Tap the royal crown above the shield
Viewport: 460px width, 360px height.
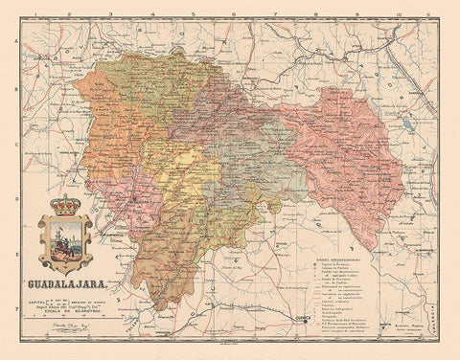(x=65, y=205)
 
